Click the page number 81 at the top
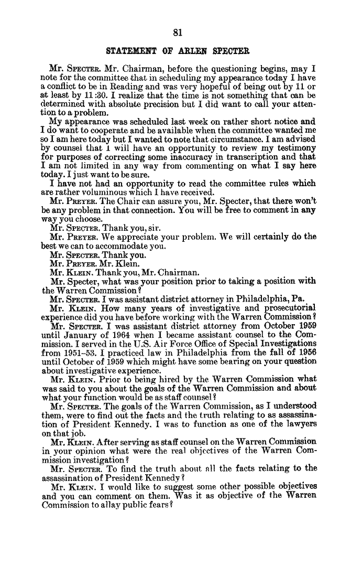(x=177, y=33)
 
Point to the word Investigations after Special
(x=286, y=343)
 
